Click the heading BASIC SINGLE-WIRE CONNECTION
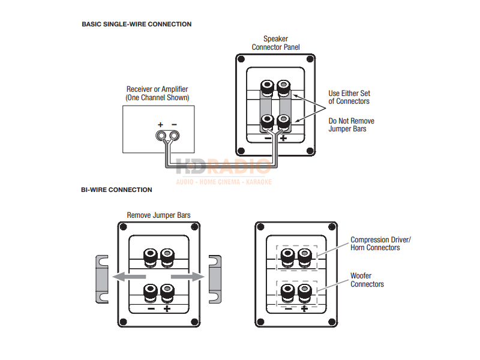(x=136, y=25)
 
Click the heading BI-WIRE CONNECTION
(x=116, y=190)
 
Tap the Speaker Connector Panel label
(x=275, y=43)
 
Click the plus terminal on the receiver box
(x=161, y=136)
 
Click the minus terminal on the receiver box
(x=174, y=136)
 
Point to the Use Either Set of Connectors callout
(x=349, y=97)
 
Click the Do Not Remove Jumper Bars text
(x=351, y=125)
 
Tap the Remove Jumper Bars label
(x=158, y=215)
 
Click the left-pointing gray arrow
(x=128, y=277)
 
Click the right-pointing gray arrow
(x=188, y=277)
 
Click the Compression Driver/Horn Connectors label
(x=380, y=244)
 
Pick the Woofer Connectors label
(x=367, y=280)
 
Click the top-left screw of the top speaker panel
(x=242, y=60)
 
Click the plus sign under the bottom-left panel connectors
(x=167, y=310)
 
